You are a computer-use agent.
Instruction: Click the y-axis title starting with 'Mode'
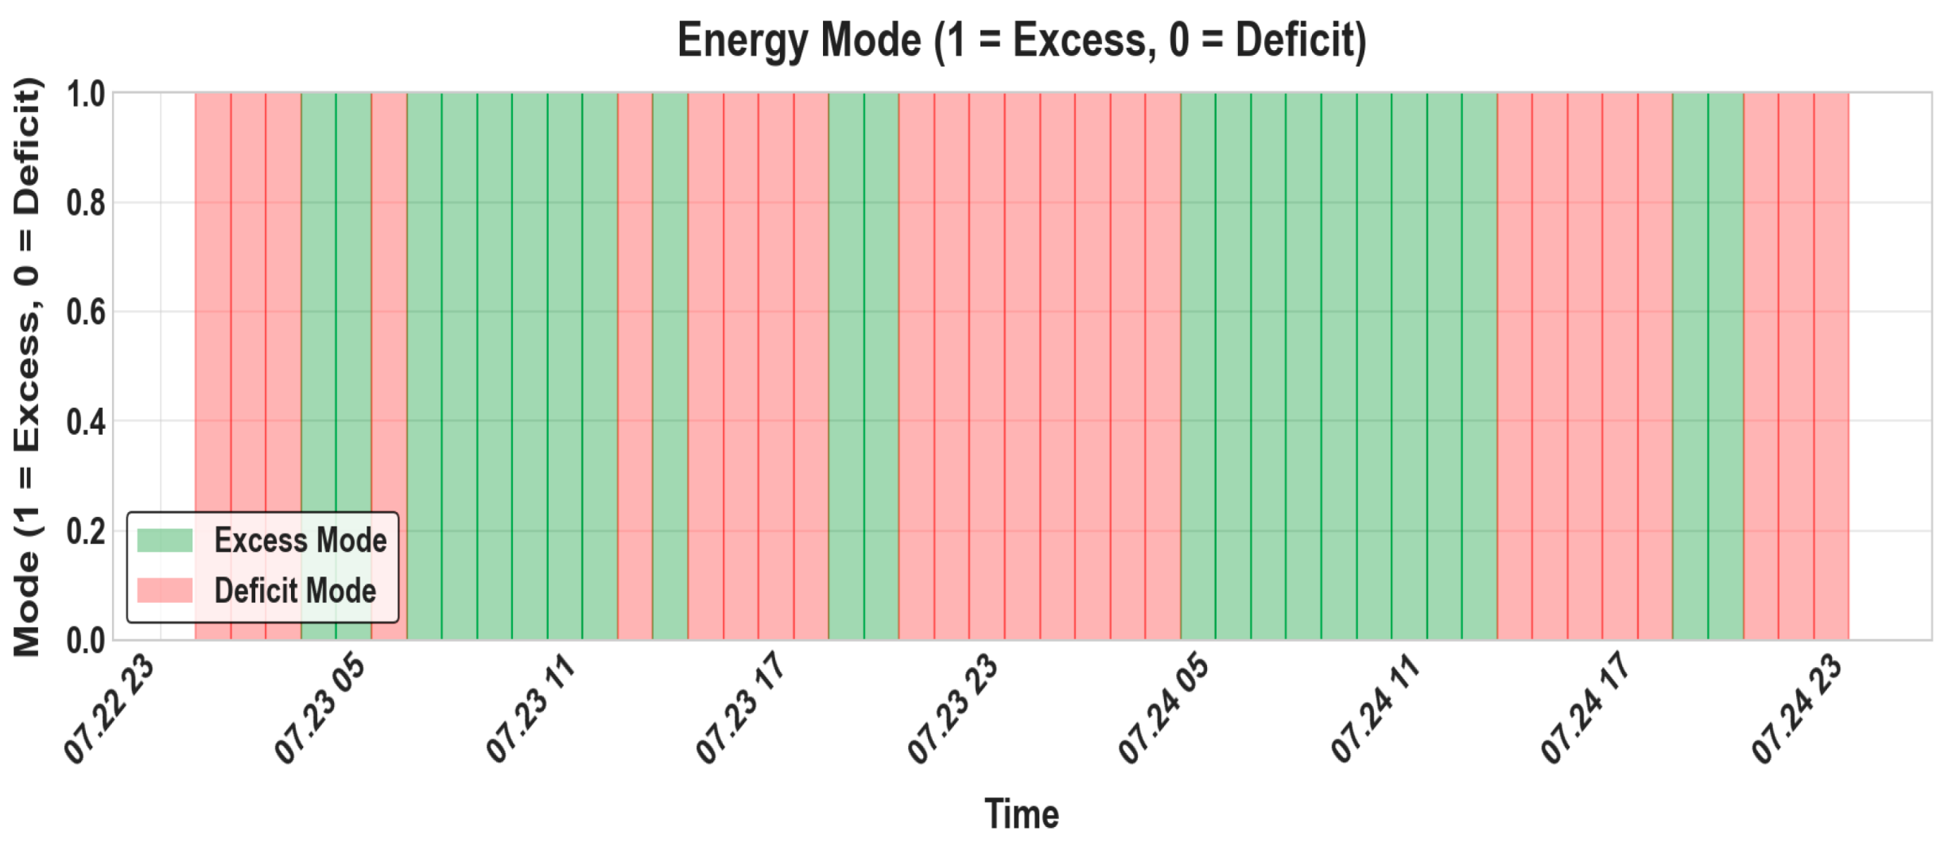[26, 367]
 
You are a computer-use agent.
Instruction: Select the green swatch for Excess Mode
[165, 541]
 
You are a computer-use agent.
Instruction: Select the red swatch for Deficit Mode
[165, 591]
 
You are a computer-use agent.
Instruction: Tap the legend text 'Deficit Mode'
[295, 591]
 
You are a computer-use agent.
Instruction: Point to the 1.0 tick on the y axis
[86, 95]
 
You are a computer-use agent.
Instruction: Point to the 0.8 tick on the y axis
[86, 204]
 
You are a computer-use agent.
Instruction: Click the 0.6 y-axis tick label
[86, 312]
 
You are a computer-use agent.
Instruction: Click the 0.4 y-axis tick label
[86, 422]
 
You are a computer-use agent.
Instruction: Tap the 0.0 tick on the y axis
[86, 640]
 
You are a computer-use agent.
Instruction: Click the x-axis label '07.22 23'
[110, 709]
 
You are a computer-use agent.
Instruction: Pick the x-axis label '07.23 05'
[320, 709]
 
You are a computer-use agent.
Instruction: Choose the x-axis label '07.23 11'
[531, 709]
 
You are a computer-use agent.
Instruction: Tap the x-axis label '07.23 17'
[742, 709]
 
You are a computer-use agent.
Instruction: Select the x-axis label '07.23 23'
[953, 709]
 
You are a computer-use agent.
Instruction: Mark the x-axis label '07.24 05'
[1164, 709]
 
